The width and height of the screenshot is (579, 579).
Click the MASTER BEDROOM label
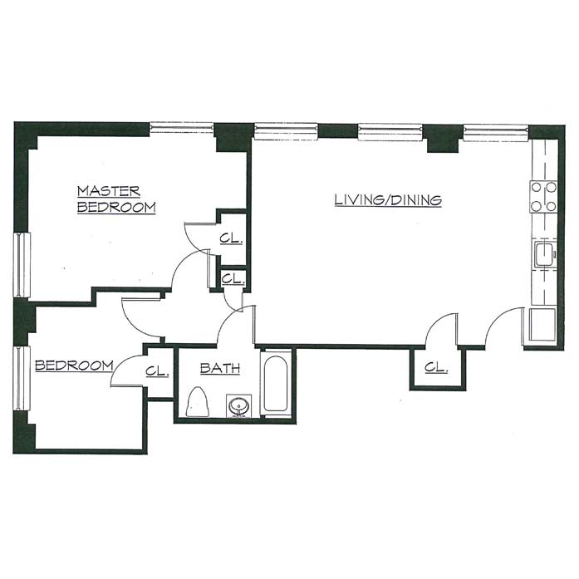116,199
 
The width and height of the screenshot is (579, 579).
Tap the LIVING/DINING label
388,199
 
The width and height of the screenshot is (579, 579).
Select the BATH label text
220,368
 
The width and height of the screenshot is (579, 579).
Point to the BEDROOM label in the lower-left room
74,366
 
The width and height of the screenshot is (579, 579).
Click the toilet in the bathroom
198,402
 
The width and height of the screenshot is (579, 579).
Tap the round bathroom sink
239,406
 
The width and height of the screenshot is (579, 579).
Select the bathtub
276,384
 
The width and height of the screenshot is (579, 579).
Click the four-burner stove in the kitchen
543,197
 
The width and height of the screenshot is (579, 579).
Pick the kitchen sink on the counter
544,254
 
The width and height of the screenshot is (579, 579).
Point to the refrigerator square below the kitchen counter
542,325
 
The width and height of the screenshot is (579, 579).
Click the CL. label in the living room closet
436,367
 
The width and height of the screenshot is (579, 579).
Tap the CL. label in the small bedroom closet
157,371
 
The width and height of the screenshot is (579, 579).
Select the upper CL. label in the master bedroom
232,238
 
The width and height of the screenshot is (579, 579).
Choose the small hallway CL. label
233,278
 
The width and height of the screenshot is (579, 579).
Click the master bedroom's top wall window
182,128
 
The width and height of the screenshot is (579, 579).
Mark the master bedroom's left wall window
22,265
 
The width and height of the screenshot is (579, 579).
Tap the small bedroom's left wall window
22,378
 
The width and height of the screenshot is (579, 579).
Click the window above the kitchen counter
496,133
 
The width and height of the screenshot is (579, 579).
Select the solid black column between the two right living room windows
443,139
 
